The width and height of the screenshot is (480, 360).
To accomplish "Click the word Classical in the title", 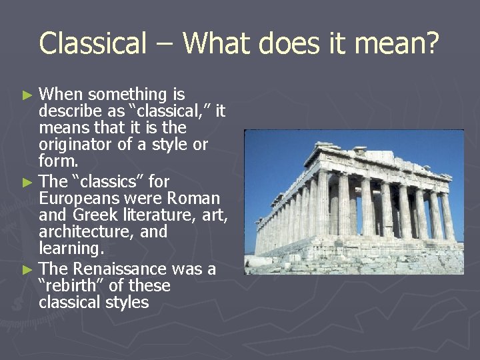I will coord(92,43).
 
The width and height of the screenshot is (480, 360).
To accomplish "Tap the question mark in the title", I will coord(431,43).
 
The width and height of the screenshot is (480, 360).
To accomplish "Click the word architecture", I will coord(81,232).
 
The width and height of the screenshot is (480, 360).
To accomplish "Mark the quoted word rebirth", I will coord(71,286).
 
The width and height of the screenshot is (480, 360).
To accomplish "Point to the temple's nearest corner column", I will coord(323,204).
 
